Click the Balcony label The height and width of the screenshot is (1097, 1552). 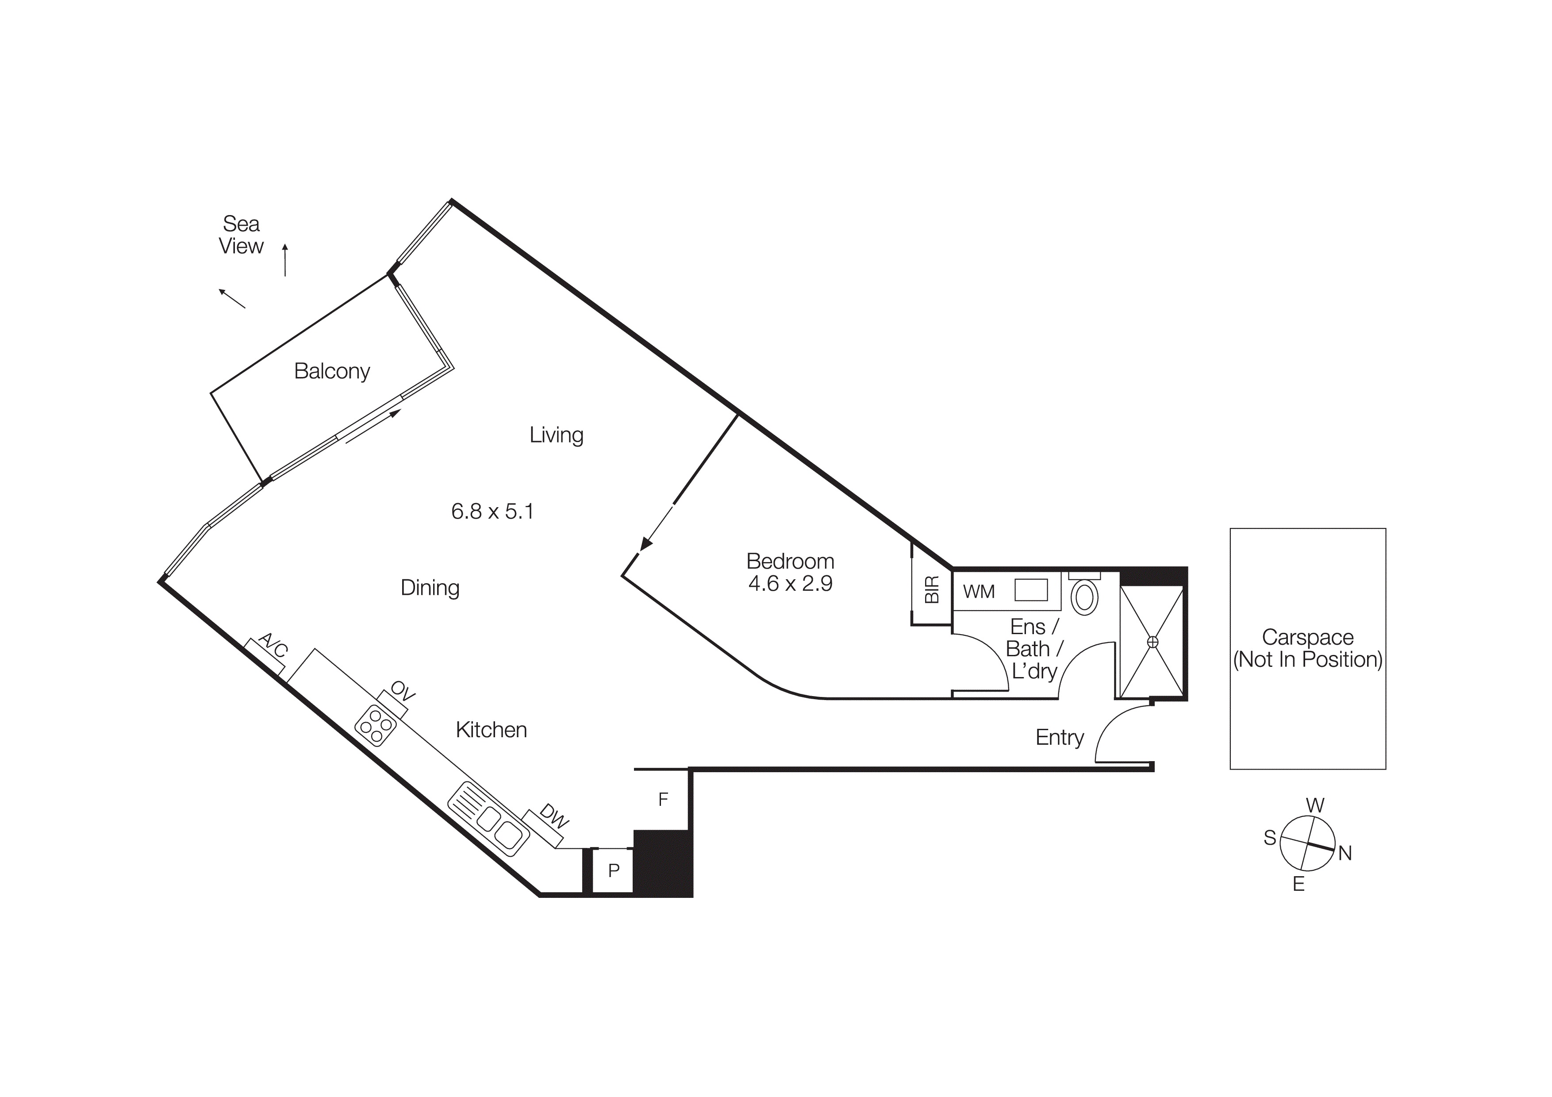point(332,371)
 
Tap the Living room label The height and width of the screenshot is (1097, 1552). point(556,435)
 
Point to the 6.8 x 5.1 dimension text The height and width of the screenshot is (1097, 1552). point(492,511)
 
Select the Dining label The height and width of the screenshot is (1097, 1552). point(430,587)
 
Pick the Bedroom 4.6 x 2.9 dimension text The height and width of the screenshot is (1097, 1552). point(790,583)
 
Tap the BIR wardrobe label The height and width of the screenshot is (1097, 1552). point(931,589)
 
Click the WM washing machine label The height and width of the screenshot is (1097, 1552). point(978,591)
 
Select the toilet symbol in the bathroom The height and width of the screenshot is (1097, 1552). point(1084,597)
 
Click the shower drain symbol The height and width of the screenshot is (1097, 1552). point(1152,642)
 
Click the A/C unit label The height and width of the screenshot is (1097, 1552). point(274,646)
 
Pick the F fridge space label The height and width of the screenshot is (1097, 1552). point(663,799)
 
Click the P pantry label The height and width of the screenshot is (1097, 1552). point(614,870)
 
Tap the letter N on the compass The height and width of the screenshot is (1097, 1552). point(1345,854)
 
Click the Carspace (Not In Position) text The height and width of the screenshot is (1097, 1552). point(1307,648)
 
